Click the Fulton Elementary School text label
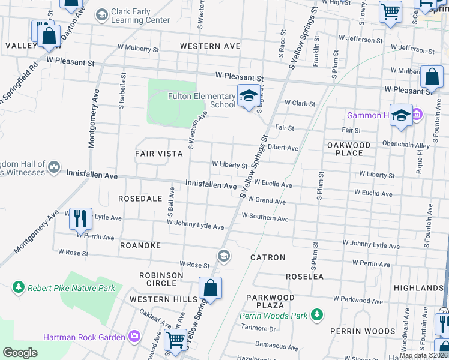(201, 100)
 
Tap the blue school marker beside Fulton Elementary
(247, 96)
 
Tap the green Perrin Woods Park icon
(316, 315)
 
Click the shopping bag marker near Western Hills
(210, 288)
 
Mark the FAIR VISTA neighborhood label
(158, 154)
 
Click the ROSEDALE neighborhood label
(140, 198)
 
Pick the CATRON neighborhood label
(268, 257)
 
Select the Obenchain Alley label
(406, 145)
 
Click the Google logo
(20, 353)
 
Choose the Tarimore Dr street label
(258, 328)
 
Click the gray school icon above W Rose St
(224, 256)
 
